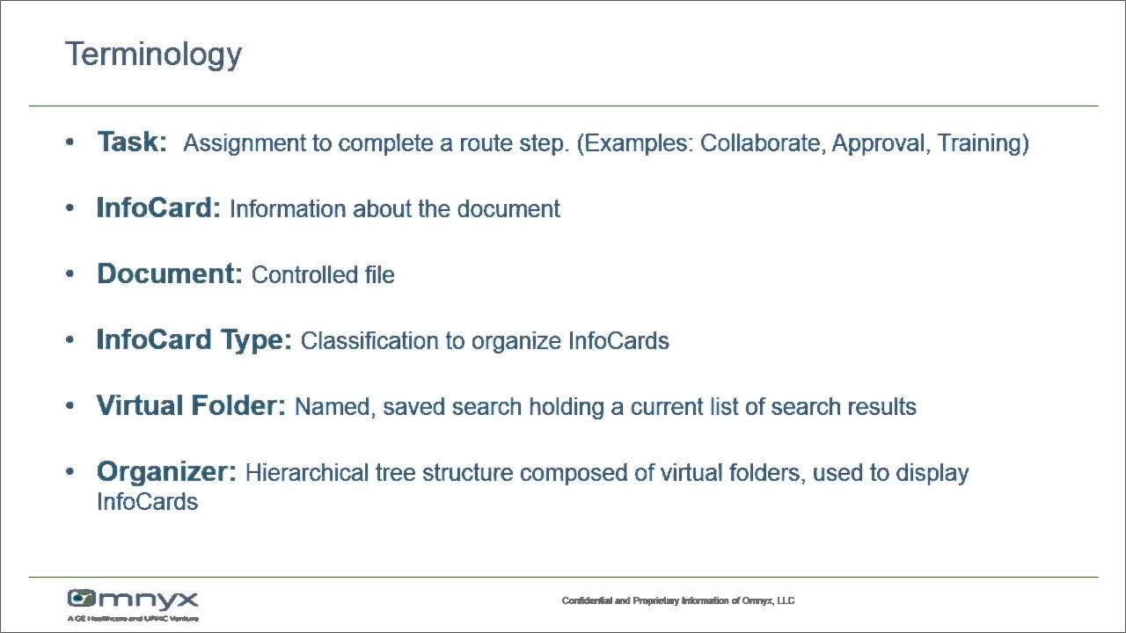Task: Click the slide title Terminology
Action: click(x=153, y=55)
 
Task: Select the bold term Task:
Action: click(x=132, y=142)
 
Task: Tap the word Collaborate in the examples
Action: click(x=762, y=143)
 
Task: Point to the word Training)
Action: click(x=983, y=143)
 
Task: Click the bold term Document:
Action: click(x=169, y=274)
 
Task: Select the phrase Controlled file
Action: click(x=323, y=275)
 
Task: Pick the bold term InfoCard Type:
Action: click(x=194, y=340)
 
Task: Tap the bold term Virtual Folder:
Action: click(x=191, y=406)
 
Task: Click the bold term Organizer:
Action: click(x=166, y=472)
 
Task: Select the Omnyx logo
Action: click(x=133, y=601)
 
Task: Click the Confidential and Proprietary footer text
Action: click(x=678, y=601)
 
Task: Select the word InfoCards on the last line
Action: click(x=147, y=502)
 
